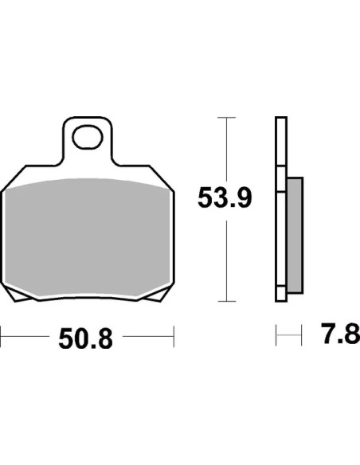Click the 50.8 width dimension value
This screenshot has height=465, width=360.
coord(86,338)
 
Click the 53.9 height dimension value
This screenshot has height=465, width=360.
coord(225,197)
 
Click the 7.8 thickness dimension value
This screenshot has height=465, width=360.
coord(341,334)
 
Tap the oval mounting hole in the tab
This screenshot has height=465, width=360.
coord(88,137)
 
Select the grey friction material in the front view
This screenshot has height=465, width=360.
coord(88,237)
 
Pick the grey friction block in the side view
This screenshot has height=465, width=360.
coord(295,235)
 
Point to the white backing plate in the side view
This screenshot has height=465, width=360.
coord(281,209)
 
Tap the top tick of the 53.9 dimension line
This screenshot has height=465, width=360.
coord(226,118)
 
